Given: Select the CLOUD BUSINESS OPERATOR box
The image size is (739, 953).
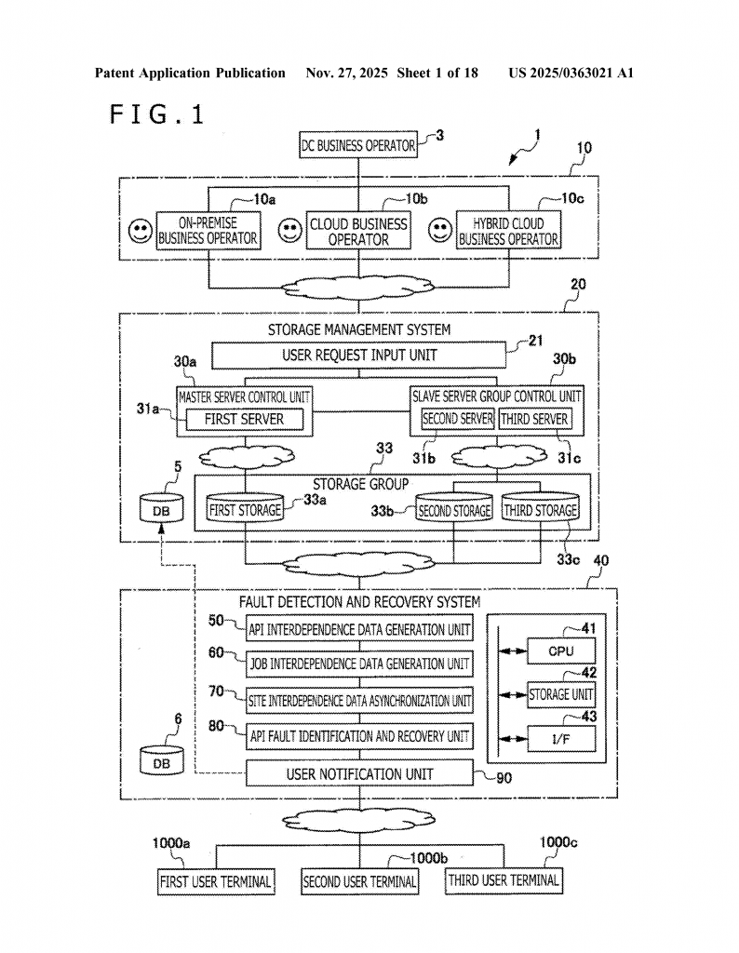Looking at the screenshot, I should click(x=358, y=232).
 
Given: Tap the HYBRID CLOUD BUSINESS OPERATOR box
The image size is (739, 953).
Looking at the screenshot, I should click(x=508, y=231).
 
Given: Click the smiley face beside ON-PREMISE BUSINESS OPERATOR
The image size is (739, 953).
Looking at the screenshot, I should click(x=141, y=232).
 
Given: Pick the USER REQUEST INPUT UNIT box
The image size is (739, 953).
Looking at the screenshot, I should click(x=358, y=355).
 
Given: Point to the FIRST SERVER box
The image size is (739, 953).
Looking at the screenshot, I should click(x=244, y=419).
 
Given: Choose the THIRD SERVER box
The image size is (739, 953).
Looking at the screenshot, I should click(x=535, y=419).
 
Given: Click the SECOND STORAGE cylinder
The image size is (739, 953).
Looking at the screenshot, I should click(x=453, y=509).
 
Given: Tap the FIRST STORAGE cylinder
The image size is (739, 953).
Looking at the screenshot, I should click(x=244, y=509).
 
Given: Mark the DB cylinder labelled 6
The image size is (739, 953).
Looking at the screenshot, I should click(x=162, y=760).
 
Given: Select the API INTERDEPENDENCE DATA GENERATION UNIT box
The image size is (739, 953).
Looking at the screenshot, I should click(x=359, y=629).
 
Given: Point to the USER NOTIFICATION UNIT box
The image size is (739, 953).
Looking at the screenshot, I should click(x=359, y=773).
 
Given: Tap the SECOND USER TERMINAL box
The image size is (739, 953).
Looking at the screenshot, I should click(x=359, y=880).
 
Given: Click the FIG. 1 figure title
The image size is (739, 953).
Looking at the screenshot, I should click(x=156, y=114).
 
